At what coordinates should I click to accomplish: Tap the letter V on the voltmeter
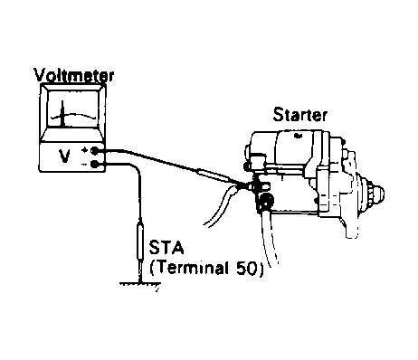point(62,156)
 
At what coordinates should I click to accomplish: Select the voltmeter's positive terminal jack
point(94,151)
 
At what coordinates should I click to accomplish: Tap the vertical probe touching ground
point(140,244)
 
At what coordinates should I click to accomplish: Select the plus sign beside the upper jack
point(83,151)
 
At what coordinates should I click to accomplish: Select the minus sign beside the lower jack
point(83,163)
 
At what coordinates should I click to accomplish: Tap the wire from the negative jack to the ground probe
point(136,181)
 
